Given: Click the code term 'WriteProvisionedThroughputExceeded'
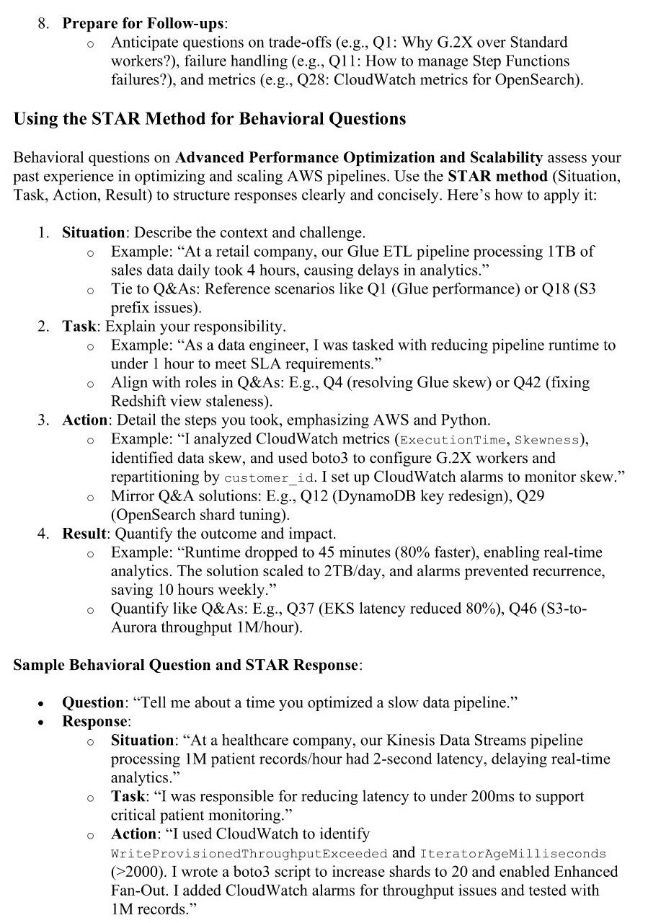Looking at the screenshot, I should [249, 853].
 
